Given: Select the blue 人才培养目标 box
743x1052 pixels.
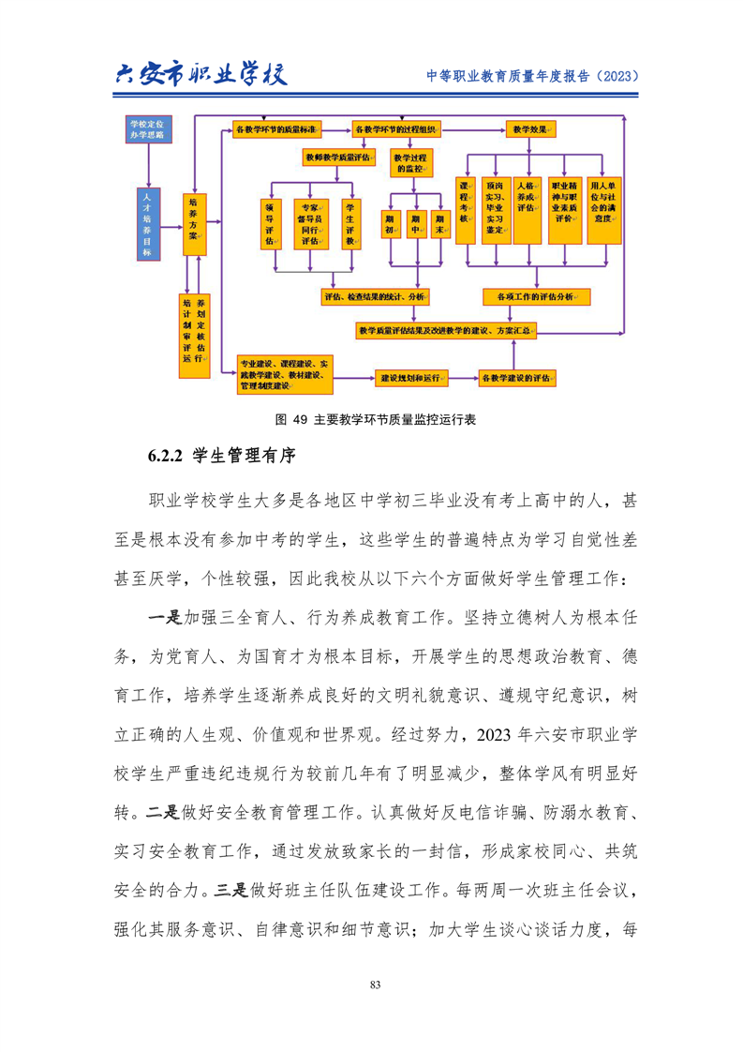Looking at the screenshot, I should pos(145,222).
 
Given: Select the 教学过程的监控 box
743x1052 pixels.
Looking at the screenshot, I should pos(413,163).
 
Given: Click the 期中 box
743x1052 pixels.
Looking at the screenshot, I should pos(414,223).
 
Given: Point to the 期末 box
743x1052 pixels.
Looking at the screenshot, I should pos(438,223).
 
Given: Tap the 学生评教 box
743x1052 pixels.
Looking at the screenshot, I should pos(351,223).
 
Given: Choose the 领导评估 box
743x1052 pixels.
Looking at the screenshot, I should pos(270,223).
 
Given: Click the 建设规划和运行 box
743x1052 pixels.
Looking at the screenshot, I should pos(409,378).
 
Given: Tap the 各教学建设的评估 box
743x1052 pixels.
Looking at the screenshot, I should pos(514,378).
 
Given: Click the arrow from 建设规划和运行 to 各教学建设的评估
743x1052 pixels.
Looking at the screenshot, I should pos(463,378).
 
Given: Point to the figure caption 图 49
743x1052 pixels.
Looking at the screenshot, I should pos(370,419).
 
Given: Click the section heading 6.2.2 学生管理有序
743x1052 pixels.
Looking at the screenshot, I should pos(221,458).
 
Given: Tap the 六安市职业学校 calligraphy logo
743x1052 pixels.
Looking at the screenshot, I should pos(199,73).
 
